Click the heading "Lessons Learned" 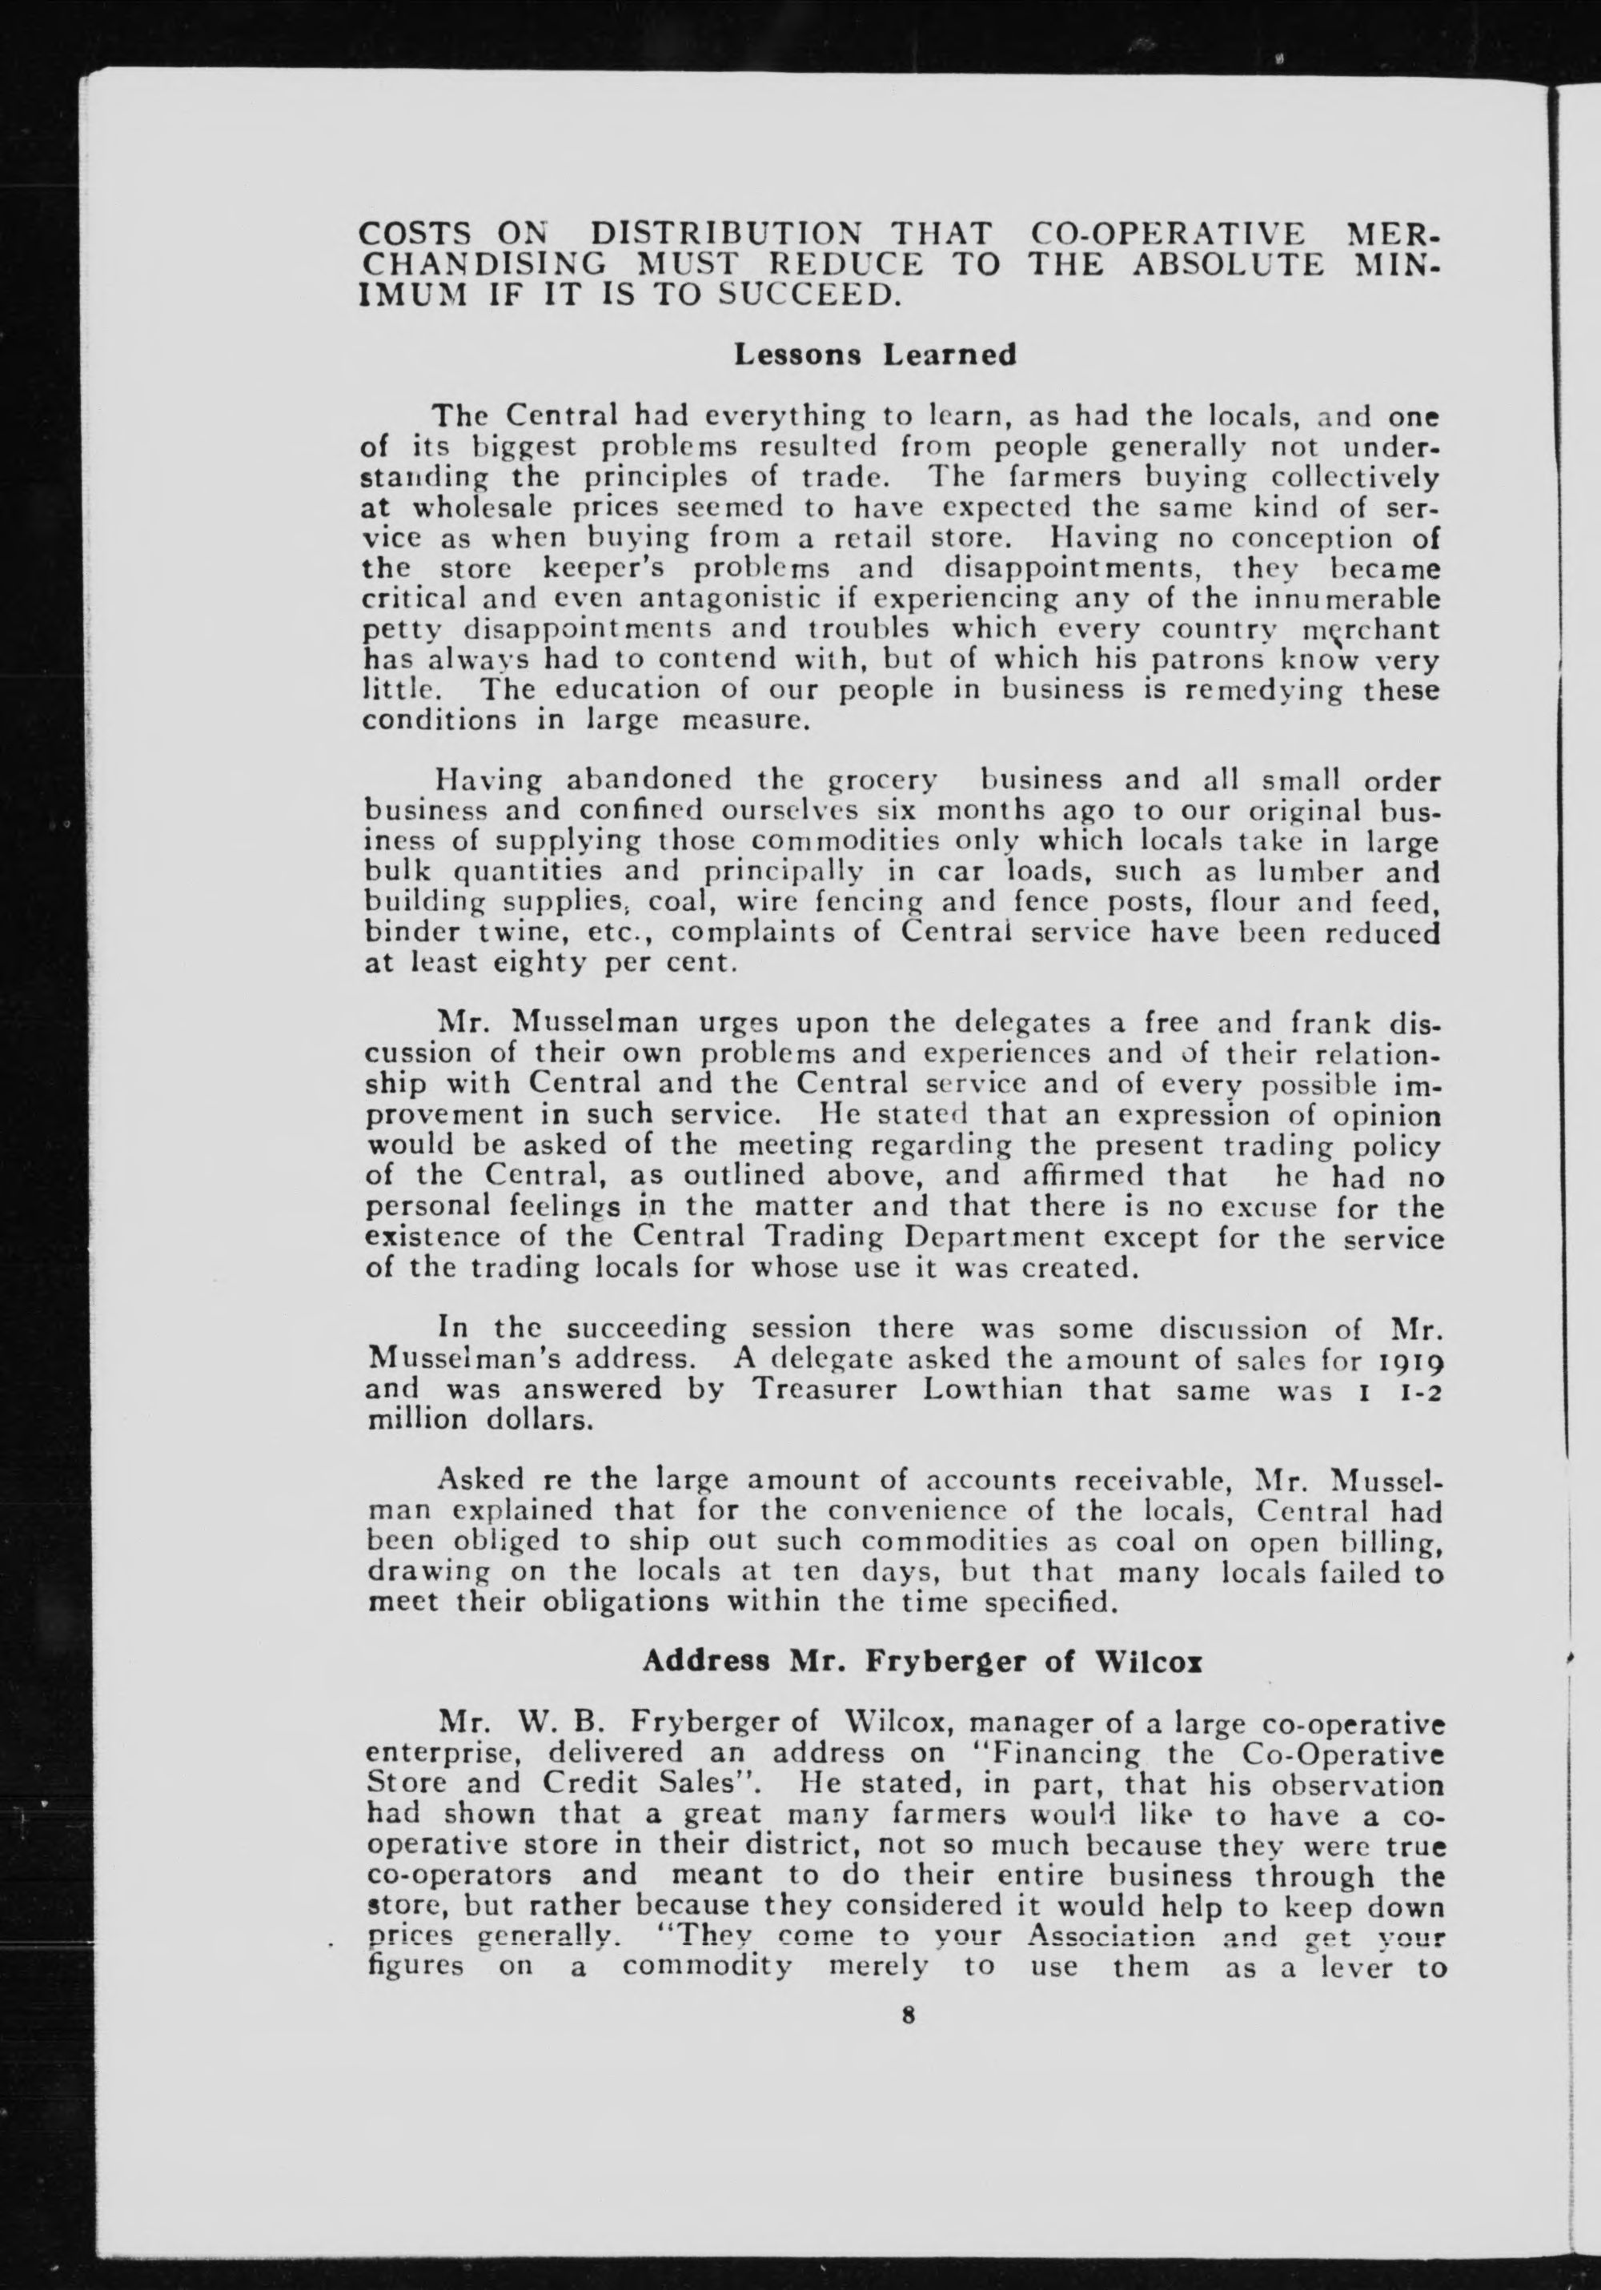click(875, 355)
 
